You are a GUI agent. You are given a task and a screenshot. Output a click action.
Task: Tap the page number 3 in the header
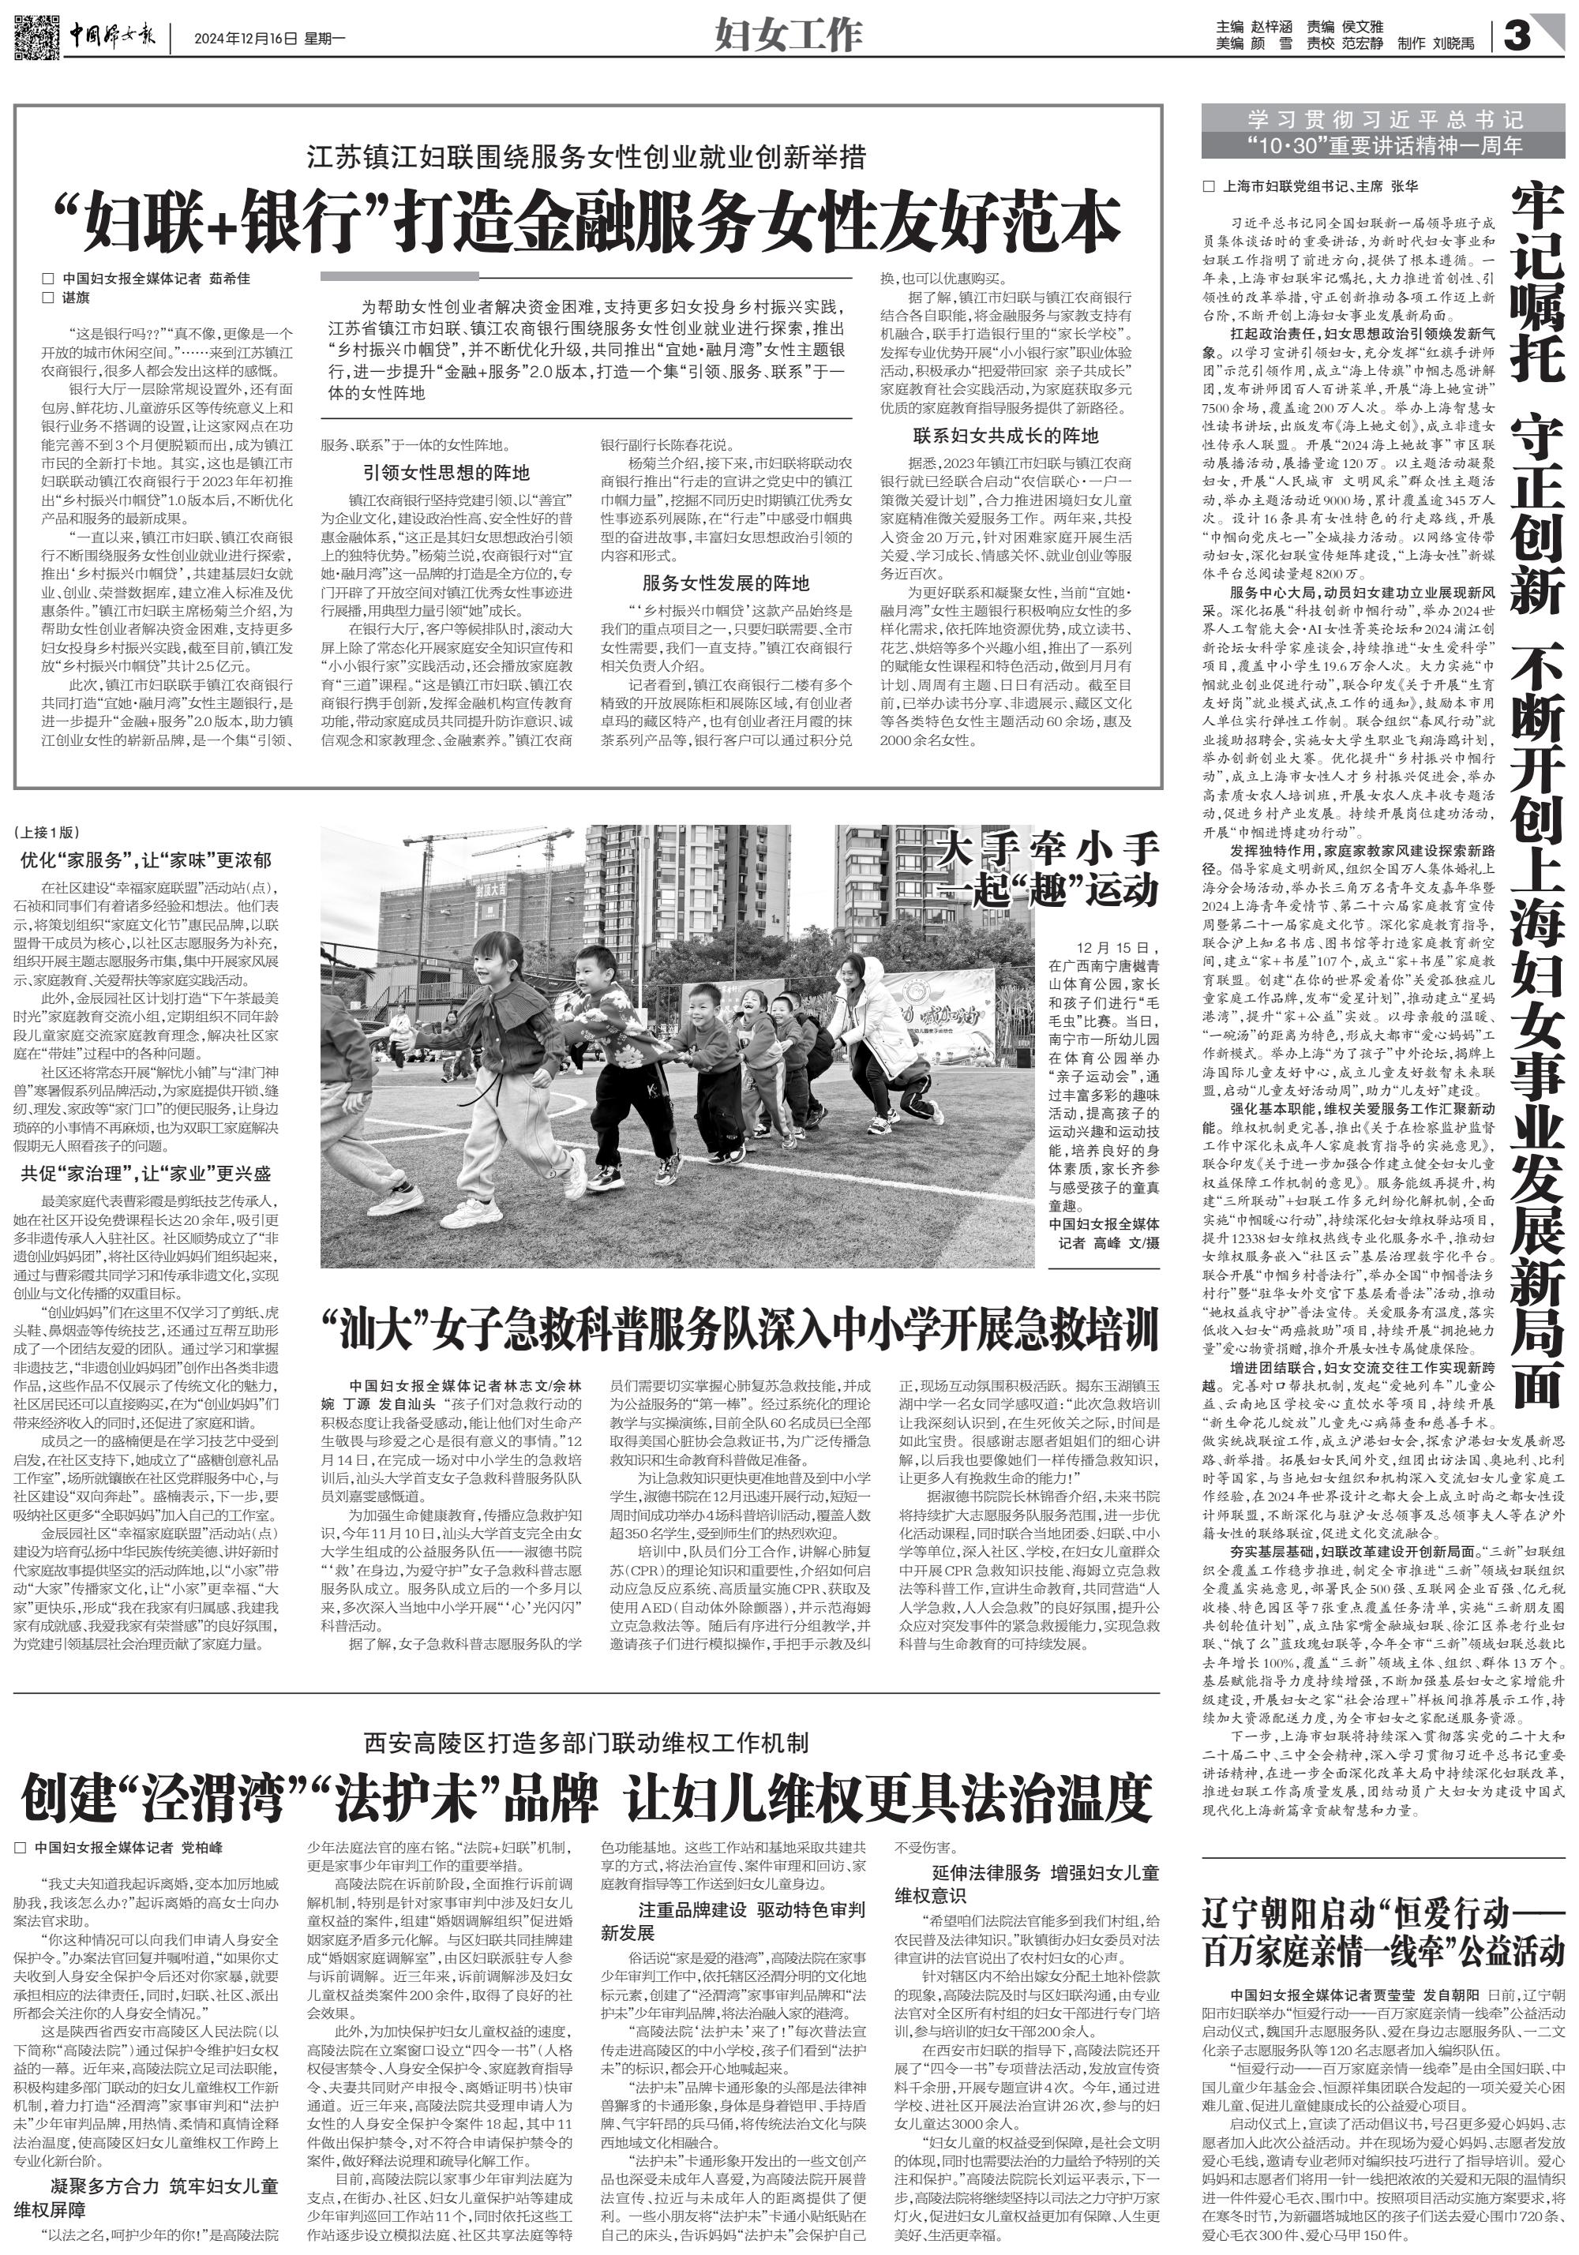point(1517,37)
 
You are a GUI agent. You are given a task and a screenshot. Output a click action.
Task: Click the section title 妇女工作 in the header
point(788,36)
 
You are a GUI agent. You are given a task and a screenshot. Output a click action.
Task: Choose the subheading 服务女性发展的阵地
point(726,582)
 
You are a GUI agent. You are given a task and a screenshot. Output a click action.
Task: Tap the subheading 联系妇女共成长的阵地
point(1006,435)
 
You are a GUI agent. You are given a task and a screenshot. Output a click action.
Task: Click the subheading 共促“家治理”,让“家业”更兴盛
point(148,1174)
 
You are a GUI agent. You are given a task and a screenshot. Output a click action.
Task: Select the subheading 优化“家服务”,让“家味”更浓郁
point(148,860)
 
